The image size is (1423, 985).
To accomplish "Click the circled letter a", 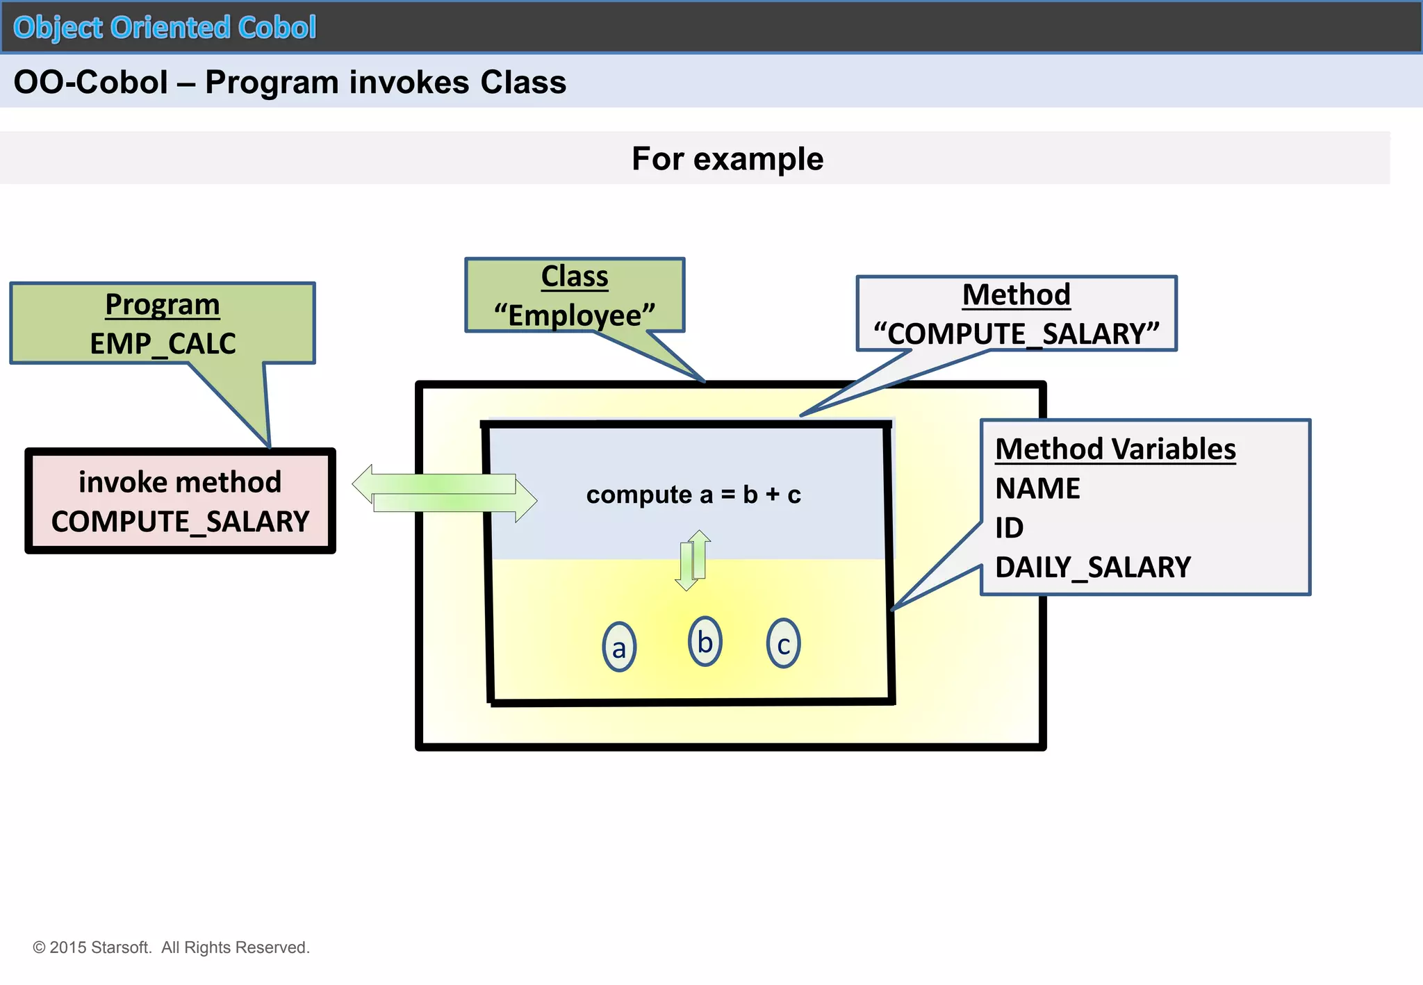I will point(618,647).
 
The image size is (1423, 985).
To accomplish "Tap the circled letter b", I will point(705,642).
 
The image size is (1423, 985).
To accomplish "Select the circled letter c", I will point(783,644).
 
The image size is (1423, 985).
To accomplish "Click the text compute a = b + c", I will point(693,495).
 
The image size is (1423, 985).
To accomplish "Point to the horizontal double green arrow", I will point(445,493).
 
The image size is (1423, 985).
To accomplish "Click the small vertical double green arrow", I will point(693,560).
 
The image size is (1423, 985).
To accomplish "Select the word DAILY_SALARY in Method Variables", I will point(1092,568).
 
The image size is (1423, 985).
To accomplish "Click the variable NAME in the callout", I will point(1037,488).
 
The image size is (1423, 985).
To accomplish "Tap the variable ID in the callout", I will point(1009,528).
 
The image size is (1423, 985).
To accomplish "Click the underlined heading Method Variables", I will point(1115,449).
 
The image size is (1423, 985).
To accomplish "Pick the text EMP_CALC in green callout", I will point(163,343).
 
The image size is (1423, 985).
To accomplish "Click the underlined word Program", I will point(163,304).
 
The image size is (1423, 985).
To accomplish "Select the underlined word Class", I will point(575,276).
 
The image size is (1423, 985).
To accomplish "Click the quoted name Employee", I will point(575,315).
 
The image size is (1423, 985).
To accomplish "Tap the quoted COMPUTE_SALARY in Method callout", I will point(1016,333).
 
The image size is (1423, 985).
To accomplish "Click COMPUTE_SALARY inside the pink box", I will point(180,521).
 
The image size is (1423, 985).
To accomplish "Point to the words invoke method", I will point(180,482).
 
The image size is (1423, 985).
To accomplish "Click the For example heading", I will point(727,158).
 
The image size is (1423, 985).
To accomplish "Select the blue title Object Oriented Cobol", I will point(165,28).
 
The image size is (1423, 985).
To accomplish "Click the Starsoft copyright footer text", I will point(171,947).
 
